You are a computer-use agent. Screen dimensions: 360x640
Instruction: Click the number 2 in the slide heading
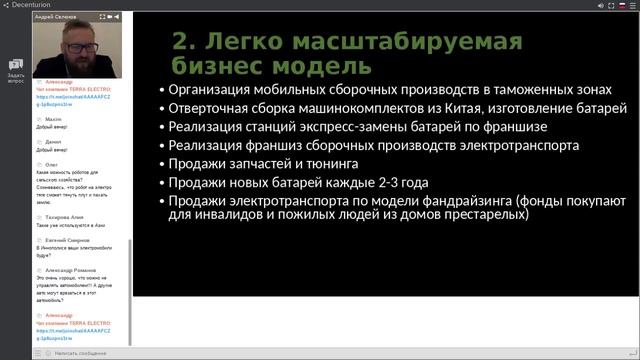(x=182, y=43)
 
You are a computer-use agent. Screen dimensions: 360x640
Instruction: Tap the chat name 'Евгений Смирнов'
(x=67, y=240)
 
